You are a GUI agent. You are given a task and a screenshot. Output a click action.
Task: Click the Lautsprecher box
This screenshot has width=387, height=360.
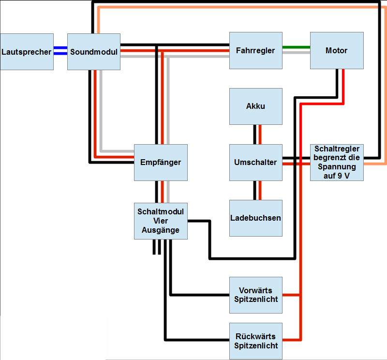tap(27, 51)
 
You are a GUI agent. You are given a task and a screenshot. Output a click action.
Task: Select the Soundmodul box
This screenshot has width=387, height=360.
tap(93, 51)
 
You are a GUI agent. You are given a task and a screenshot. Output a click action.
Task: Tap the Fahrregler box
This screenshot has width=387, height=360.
tap(255, 50)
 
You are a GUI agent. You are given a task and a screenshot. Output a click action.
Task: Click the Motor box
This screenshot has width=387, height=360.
tap(336, 50)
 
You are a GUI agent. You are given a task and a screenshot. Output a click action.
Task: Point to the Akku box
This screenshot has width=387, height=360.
tap(255, 106)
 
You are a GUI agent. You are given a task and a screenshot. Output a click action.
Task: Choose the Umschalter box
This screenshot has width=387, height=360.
tap(255, 162)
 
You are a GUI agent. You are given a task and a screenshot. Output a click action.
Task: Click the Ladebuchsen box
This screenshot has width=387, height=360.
tap(255, 218)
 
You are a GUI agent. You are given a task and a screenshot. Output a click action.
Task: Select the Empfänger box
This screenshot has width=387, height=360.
tap(161, 162)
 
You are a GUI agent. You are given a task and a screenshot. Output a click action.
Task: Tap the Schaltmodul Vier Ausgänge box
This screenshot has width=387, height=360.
tap(161, 221)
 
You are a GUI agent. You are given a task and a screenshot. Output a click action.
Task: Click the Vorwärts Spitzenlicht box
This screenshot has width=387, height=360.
tap(255, 295)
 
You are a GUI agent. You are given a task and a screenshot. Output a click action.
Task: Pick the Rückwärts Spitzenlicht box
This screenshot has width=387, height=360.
tap(255, 341)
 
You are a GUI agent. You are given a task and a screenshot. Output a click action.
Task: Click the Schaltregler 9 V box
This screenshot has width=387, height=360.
tap(336, 162)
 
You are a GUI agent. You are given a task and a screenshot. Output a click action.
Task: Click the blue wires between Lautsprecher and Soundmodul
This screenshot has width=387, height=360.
tap(60, 51)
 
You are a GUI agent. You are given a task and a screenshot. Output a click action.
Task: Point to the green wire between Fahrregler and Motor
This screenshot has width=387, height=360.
tap(296, 47)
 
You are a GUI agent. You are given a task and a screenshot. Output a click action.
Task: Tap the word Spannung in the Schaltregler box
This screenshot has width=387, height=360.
tap(336, 166)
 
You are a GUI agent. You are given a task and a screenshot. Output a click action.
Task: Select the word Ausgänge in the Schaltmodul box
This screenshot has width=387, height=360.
tap(161, 230)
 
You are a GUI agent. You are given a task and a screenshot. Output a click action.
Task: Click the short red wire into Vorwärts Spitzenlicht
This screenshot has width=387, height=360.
tap(291, 295)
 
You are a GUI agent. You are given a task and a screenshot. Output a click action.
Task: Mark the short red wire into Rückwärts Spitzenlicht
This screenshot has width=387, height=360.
tap(291, 338)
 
